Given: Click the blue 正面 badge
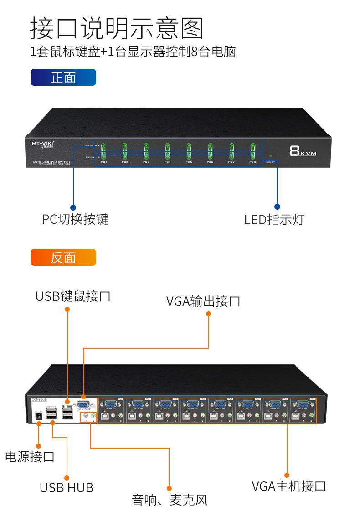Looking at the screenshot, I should [63, 78].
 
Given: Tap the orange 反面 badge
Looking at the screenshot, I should [63, 258].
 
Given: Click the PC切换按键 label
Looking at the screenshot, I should [75, 219].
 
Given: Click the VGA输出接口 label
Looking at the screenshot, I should [203, 301].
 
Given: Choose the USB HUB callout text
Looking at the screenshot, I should [67, 487].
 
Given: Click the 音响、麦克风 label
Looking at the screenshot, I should [170, 500].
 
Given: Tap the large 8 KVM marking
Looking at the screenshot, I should [302, 151].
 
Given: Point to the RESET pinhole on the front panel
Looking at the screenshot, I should [270, 156].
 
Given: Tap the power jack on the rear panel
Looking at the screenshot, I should [39, 415].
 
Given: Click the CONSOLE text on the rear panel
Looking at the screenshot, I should [39, 399].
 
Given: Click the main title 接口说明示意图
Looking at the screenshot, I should [117, 28].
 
